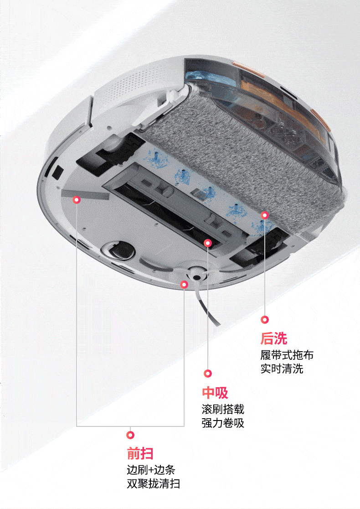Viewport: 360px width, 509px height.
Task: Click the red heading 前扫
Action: [140, 453]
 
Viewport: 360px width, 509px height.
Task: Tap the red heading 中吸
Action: [215, 393]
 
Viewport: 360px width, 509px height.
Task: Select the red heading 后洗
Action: [274, 338]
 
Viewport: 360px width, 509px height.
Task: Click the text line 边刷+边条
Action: [151, 470]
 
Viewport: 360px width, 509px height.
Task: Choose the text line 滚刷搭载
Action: [223, 409]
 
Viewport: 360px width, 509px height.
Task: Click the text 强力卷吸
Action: [223, 423]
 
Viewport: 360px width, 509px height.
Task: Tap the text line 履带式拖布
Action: [287, 355]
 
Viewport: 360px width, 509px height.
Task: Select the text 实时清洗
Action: [282, 369]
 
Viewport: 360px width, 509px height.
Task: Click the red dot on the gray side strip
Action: [77, 199]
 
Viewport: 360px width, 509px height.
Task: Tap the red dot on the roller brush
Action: [208, 243]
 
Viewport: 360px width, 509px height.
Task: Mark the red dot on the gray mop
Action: [264, 214]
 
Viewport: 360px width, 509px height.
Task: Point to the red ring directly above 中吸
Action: [208, 373]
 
